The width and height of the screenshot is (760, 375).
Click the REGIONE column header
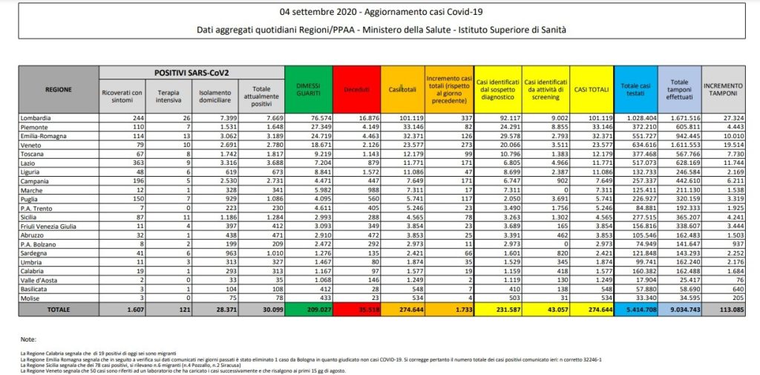(58, 90)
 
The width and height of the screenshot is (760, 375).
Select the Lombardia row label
(37, 118)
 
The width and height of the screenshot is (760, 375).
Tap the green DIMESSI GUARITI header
(307, 90)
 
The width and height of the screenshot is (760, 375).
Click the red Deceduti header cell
(356, 90)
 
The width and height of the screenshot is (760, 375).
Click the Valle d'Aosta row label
(39, 279)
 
